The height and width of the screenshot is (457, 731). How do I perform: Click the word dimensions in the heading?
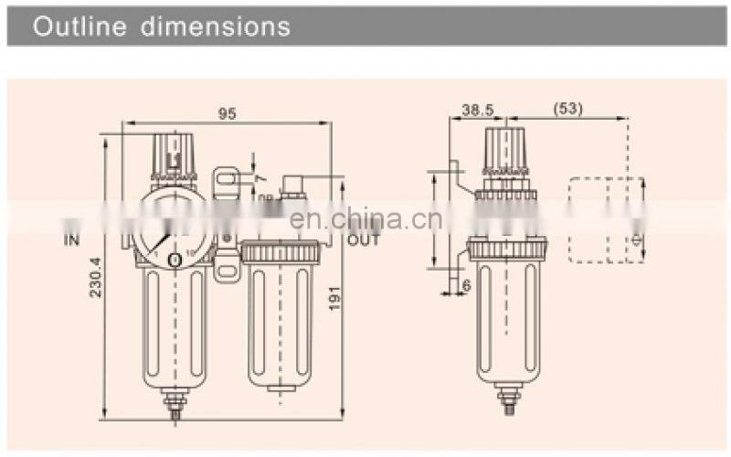pos(216,27)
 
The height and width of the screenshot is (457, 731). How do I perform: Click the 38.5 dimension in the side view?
pos(478,110)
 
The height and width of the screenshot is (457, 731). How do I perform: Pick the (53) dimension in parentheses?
pos(567,110)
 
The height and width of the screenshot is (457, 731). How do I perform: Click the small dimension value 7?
pos(260,175)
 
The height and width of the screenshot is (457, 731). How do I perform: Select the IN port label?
pos(72,240)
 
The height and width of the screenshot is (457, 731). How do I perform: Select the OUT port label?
pos(362,240)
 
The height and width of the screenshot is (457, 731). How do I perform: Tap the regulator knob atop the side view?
pos(506,150)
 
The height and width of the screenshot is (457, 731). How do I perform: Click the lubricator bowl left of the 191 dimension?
pos(281,320)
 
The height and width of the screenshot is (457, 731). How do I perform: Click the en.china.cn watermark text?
pos(365,218)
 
